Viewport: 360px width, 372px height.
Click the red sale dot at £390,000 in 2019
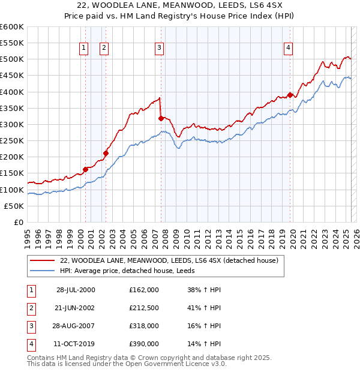point(290,95)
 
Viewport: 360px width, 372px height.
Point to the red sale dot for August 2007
point(161,118)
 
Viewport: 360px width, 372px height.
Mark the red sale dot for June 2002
point(106,153)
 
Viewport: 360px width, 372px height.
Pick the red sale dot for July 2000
point(85,169)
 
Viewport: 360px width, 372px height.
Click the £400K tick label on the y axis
point(11,92)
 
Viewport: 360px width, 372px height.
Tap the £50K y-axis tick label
point(14,206)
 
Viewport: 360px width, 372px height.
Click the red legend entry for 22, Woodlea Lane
point(169,261)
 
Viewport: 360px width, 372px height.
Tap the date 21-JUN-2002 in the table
point(76,308)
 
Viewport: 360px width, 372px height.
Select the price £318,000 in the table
point(144,326)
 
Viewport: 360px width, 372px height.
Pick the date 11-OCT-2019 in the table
point(76,344)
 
